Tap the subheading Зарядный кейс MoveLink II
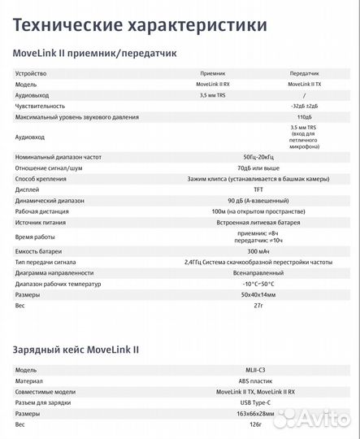pyautogui.click(x=76, y=349)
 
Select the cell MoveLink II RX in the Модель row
pyautogui.click(x=213, y=84)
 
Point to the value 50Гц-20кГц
pyautogui.click(x=259, y=156)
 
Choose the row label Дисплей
pyautogui.click(x=27, y=189)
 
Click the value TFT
pyautogui.click(x=259, y=189)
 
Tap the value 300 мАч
pyautogui.click(x=259, y=250)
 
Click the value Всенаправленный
pyautogui.click(x=259, y=273)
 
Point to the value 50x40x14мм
pyautogui.click(x=259, y=295)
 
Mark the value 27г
pyautogui.click(x=259, y=306)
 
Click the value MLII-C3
pyautogui.click(x=259, y=370)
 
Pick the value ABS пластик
pyautogui.click(x=259, y=380)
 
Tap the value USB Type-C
pyautogui.click(x=259, y=402)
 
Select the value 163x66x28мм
pyautogui.click(x=259, y=413)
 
